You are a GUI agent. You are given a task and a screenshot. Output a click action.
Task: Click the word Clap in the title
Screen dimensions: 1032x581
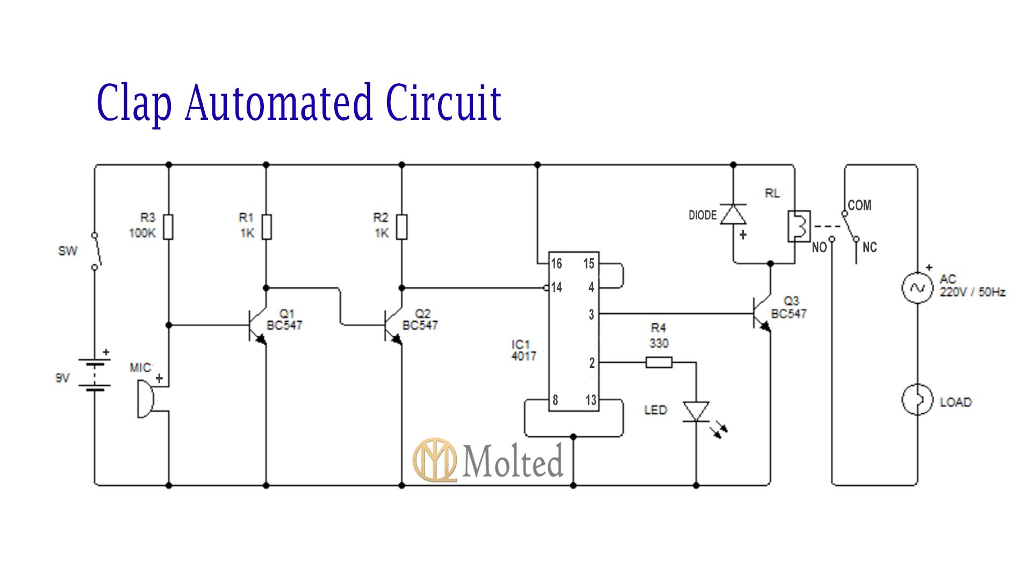tap(134, 102)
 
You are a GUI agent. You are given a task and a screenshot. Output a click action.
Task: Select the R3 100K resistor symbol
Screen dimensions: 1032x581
tap(168, 227)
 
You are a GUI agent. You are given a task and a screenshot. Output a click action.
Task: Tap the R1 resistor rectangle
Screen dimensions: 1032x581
tap(266, 227)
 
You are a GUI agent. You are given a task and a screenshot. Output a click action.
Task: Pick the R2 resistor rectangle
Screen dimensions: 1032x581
tap(402, 227)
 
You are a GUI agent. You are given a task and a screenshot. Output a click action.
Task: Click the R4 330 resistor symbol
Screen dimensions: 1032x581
tap(658, 363)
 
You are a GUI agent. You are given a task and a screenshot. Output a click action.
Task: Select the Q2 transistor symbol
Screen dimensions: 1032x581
tap(393, 325)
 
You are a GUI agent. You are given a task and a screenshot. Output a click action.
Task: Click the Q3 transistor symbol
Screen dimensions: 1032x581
tap(762, 314)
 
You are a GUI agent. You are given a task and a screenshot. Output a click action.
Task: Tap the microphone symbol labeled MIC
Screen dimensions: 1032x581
tap(146, 399)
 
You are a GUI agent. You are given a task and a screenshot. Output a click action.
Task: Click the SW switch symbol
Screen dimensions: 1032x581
tap(96, 251)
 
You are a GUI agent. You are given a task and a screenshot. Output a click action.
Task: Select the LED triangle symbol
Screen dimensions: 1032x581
tap(696, 412)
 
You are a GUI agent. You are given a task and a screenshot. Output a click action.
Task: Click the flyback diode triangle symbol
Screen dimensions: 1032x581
tap(733, 214)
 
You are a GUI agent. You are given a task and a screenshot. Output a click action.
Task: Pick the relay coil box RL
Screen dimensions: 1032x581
tap(798, 226)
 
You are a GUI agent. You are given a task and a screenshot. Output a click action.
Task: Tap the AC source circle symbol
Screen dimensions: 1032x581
tap(917, 288)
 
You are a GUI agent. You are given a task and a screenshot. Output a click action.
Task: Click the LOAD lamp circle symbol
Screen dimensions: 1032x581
tap(917, 399)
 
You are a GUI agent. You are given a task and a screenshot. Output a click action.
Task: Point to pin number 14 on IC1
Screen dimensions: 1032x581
tap(556, 288)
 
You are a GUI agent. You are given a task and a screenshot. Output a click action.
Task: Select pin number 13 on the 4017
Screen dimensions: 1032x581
tap(591, 400)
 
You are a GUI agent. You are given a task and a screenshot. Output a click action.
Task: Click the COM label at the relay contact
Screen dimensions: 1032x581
tap(859, 206)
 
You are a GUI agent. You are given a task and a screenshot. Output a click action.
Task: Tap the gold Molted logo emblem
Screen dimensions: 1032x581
tap(434, 460)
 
